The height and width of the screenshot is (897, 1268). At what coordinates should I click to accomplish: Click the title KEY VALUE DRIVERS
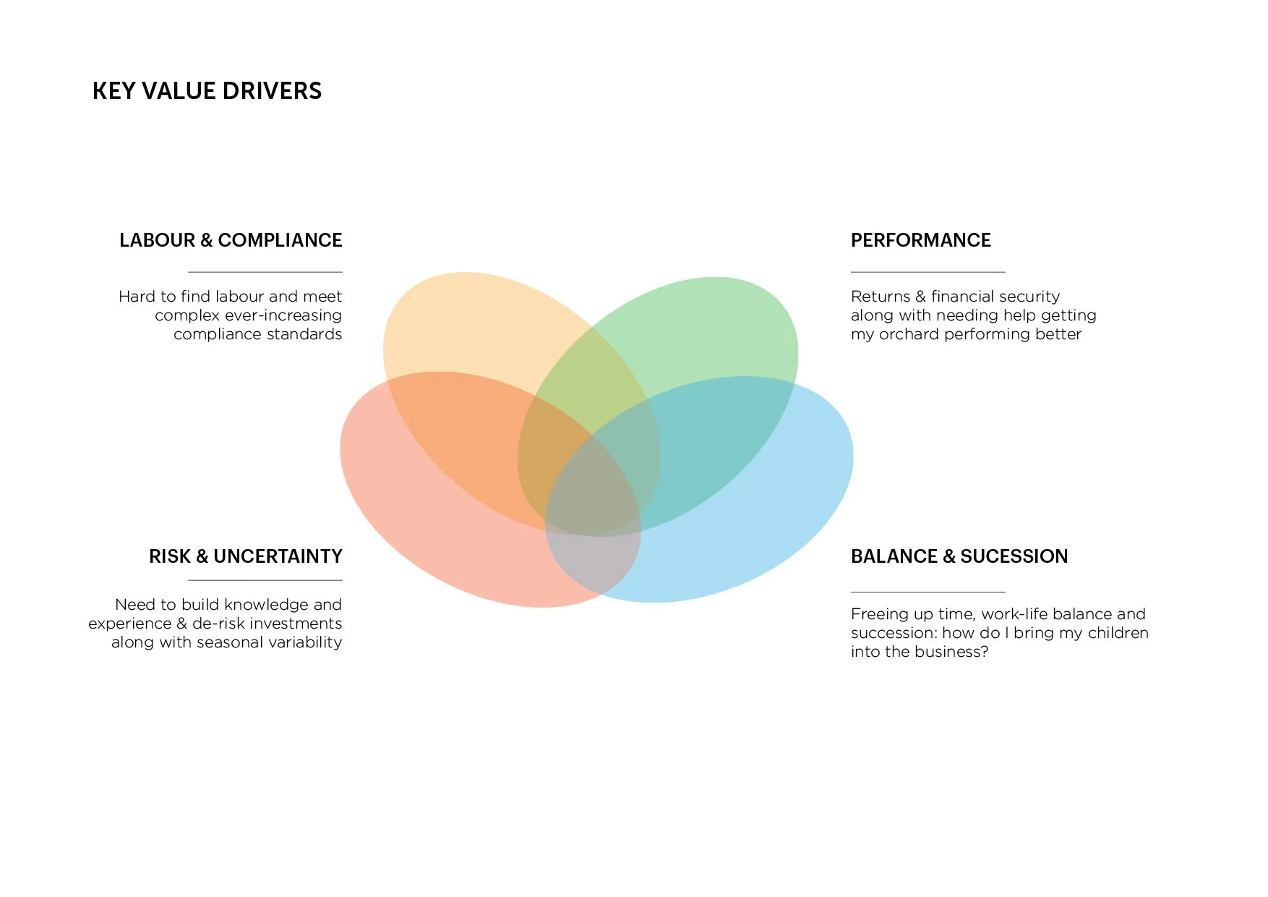point(207,91)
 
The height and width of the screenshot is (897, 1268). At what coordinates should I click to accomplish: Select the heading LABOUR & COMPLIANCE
point(231,240)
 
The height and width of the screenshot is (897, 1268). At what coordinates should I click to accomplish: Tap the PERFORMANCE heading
point(920,240)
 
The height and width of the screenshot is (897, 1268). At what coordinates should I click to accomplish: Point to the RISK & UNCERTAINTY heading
point(246,556)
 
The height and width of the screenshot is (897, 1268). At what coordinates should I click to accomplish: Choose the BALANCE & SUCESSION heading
point(959,556)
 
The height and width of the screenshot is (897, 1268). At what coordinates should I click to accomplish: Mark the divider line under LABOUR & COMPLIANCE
point(265,272)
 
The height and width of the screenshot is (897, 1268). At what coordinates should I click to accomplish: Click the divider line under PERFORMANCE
point(928,272)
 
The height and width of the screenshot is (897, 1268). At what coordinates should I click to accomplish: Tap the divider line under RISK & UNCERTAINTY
point(265,580)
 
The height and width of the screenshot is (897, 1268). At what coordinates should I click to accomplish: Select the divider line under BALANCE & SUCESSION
point(928,592)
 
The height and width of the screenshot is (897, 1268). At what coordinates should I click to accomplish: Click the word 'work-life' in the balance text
point(1014,614)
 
